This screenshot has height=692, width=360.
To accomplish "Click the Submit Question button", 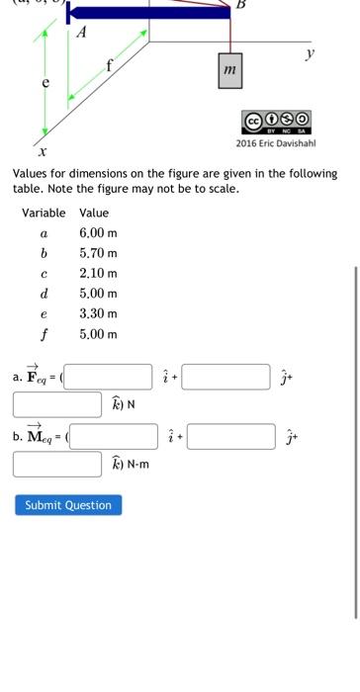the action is click(68, 505).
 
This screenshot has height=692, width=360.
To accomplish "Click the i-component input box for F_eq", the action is click(109, 377).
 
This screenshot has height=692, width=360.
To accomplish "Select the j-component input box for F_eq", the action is click(226, 377).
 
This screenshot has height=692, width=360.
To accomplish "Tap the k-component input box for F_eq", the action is click(57, 404).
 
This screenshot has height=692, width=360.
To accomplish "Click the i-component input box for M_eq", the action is click(114, 436).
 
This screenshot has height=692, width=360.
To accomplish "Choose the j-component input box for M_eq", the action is click(231, 436).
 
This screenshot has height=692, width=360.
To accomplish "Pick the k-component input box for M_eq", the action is click(57, 464).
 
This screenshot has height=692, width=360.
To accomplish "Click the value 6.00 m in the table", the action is click(98, 233).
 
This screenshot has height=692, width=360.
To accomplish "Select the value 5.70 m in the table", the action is click(98, 253).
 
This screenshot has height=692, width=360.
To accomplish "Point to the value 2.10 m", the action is click(98, 273).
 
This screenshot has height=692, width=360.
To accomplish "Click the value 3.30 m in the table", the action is click(98, 313).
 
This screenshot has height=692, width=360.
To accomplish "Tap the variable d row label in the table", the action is click(44, 294).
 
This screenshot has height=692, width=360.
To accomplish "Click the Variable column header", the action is click(44, 213).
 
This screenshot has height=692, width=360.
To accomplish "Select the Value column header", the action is click(94, 213).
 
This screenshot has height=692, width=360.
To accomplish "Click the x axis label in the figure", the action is click(42, 152).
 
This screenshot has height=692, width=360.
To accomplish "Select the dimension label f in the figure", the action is click(110, 66).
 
